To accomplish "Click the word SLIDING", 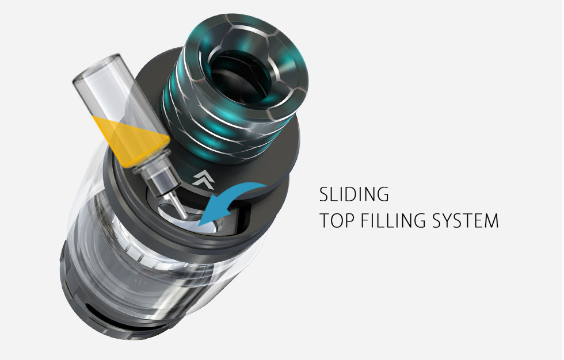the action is (x=354, y=194).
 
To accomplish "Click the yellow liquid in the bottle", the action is (x=132, y=139).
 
